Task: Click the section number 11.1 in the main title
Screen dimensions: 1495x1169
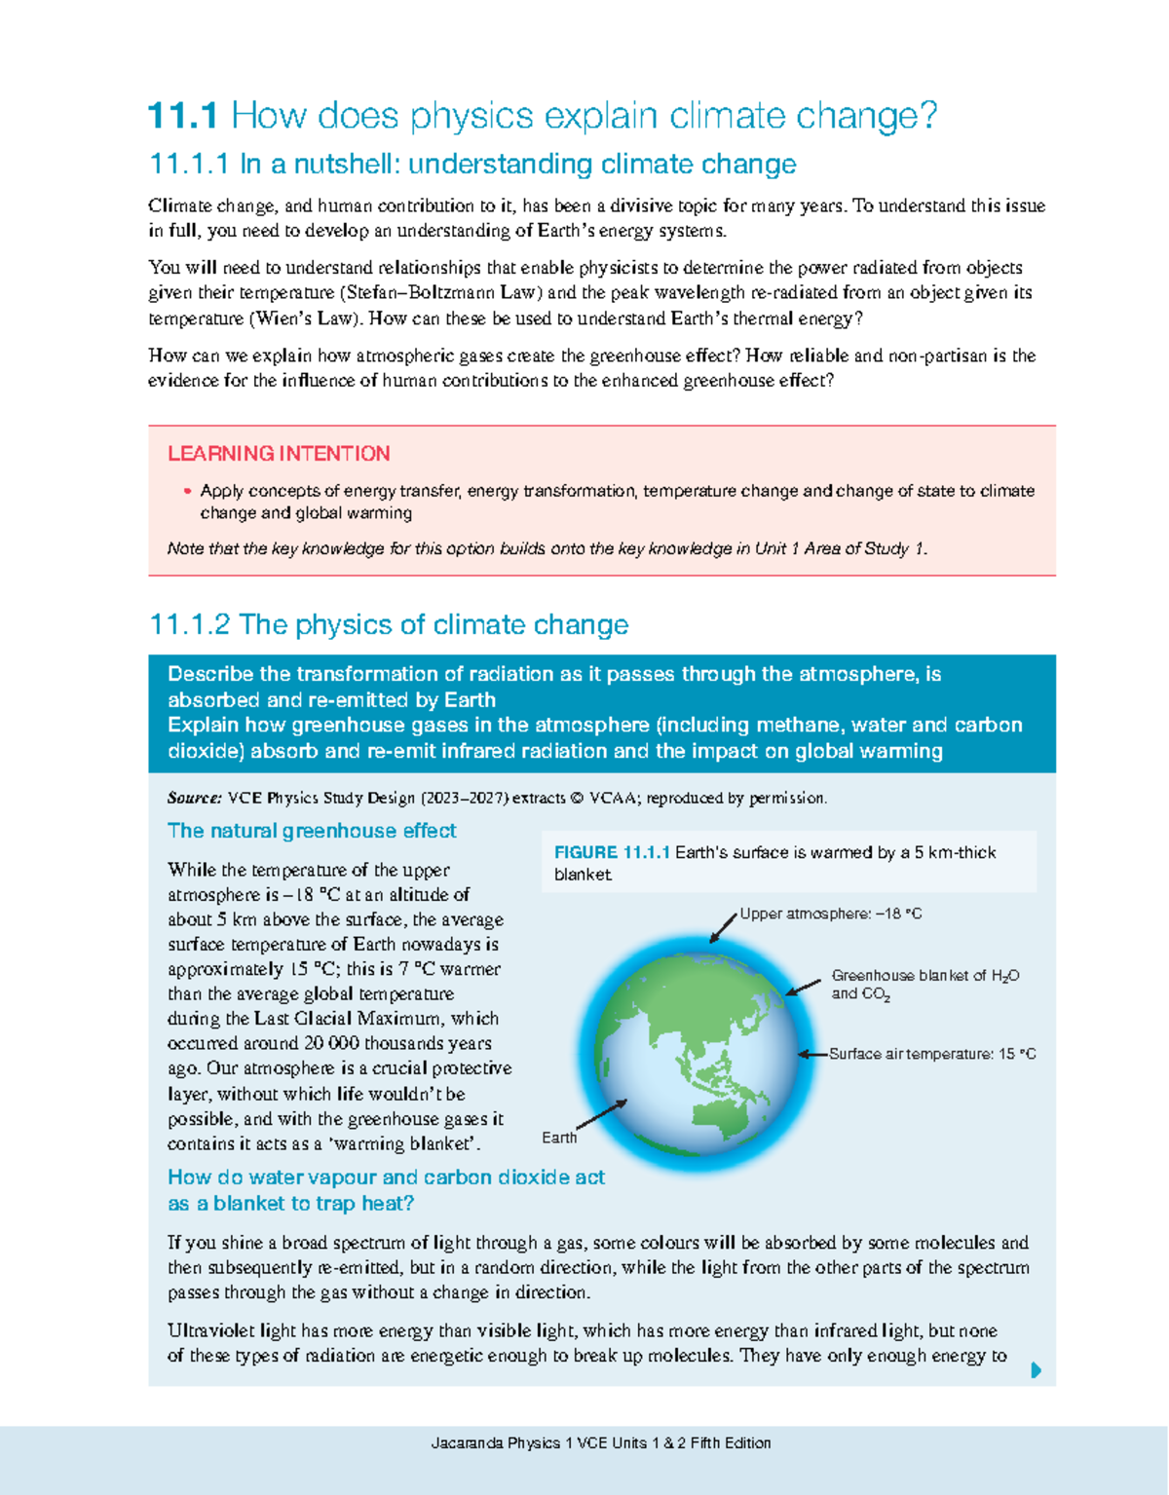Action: click(182, 117)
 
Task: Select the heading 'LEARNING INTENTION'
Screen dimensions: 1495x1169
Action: click(279, 454)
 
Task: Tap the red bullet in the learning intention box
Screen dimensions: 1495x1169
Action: click(187, 492)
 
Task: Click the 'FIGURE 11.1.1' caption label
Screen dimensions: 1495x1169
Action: click(612, 853)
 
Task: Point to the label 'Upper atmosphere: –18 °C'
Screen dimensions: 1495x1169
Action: click(830, 915)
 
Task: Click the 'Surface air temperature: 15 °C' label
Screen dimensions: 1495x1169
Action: click(931, 1054)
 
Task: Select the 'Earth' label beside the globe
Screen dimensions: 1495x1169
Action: click(559, 1138)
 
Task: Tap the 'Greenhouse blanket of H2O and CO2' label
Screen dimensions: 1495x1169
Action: click(924, 985)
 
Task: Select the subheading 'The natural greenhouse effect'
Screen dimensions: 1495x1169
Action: click(312, 831)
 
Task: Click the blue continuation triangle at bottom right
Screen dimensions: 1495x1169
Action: click(1036, 1370)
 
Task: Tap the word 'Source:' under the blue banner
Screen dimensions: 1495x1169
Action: click(195, 799)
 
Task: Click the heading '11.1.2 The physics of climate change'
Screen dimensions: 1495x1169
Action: click(389, 624)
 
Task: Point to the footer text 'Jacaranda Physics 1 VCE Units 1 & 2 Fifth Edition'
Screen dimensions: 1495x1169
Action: click(601, 1442)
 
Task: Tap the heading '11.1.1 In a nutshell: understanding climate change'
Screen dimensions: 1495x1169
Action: click(472, 164)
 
